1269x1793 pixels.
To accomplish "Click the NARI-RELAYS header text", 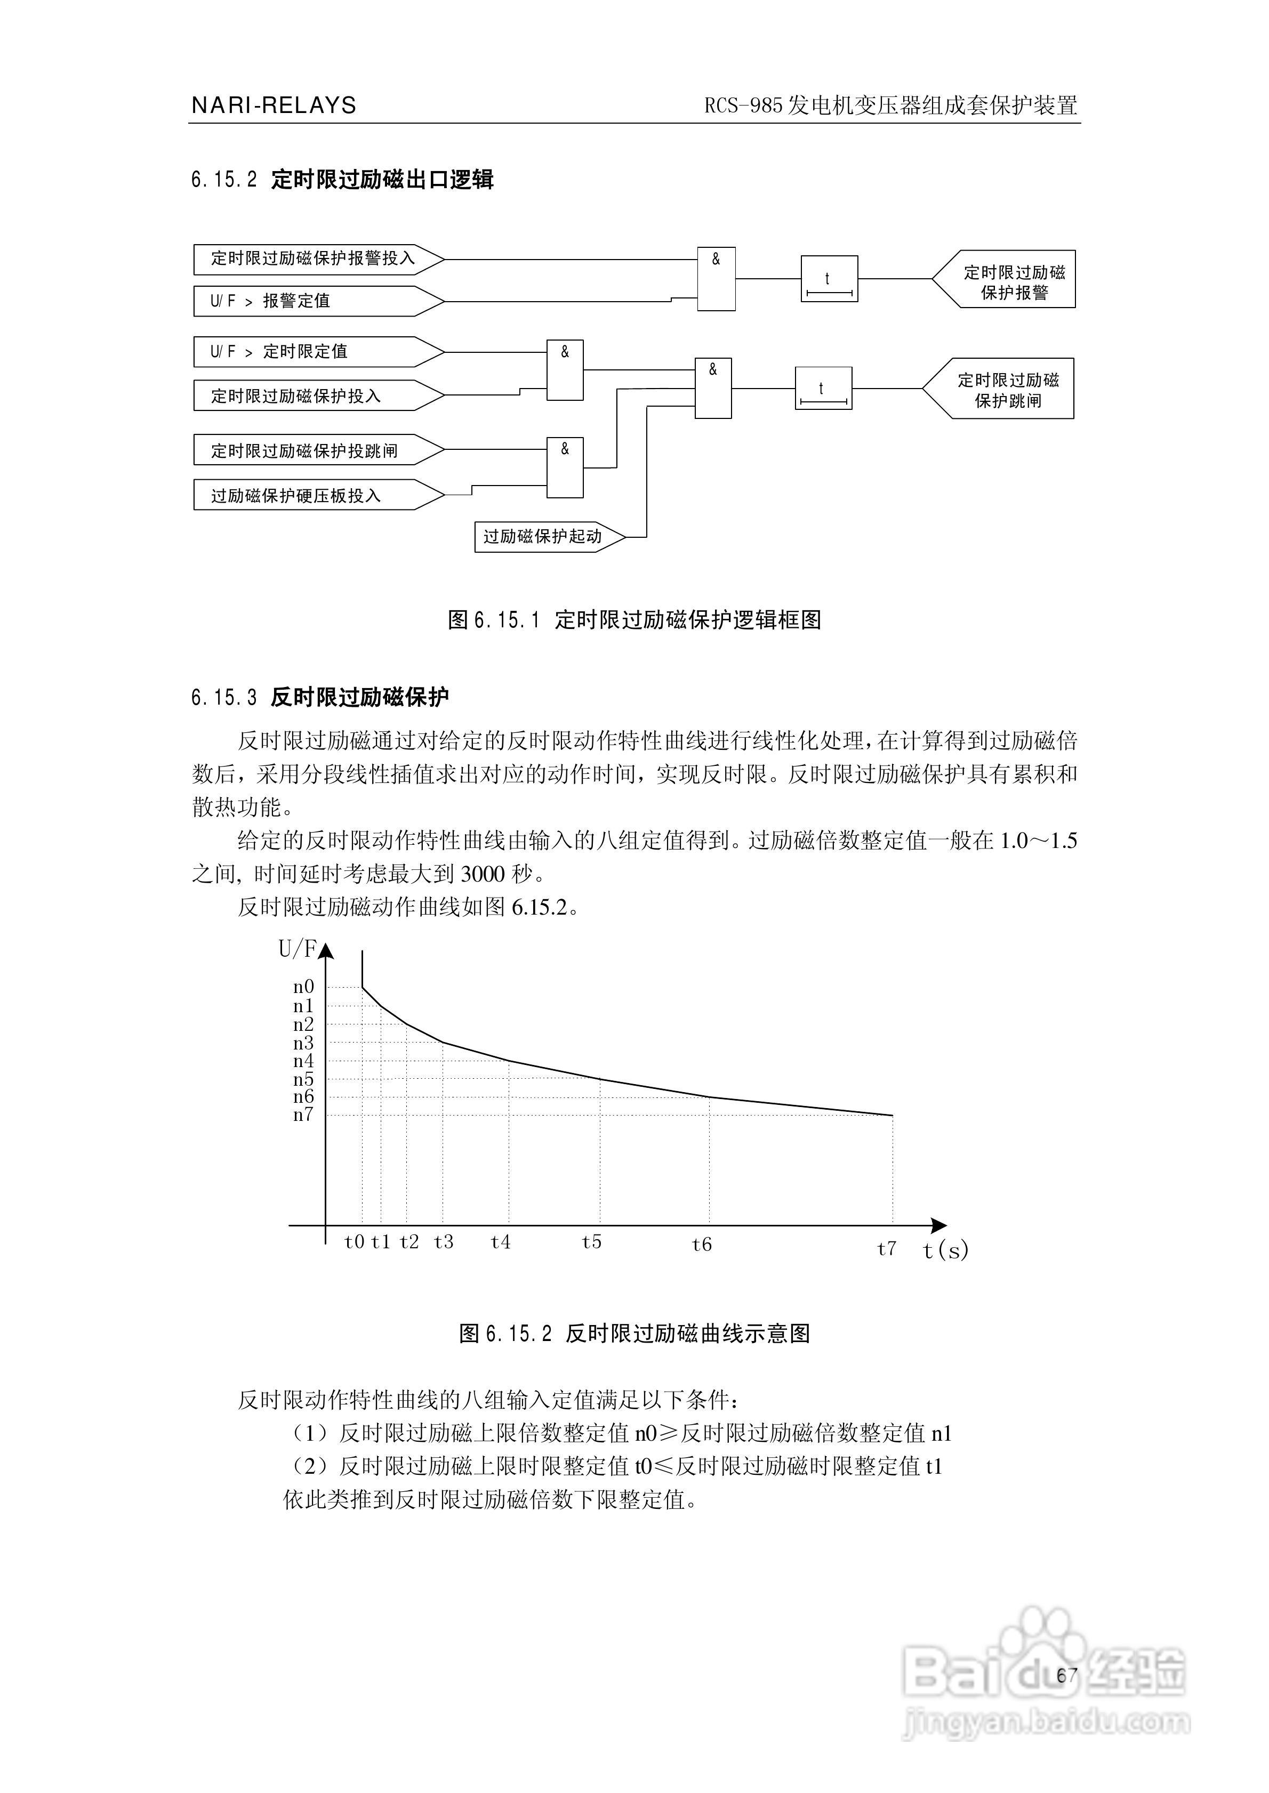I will (x=274, y=106).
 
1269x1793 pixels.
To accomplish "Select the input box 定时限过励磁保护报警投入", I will (x=312, y=259).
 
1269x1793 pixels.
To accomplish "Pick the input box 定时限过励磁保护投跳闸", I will (x=312, y=450).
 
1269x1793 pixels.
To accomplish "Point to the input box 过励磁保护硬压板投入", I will (x=312, y=495).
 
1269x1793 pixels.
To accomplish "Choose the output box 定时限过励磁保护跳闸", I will (x=1004, y=389).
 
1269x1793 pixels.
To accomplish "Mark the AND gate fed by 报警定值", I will (x=716, y=279).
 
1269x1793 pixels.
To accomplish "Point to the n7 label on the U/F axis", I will (x=303, y=1115).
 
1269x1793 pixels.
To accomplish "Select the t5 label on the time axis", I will (x=591, y=1242).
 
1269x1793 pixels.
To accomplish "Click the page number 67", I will (x=1066, y=1674).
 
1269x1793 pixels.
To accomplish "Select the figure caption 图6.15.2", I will (x=634, y=1333).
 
